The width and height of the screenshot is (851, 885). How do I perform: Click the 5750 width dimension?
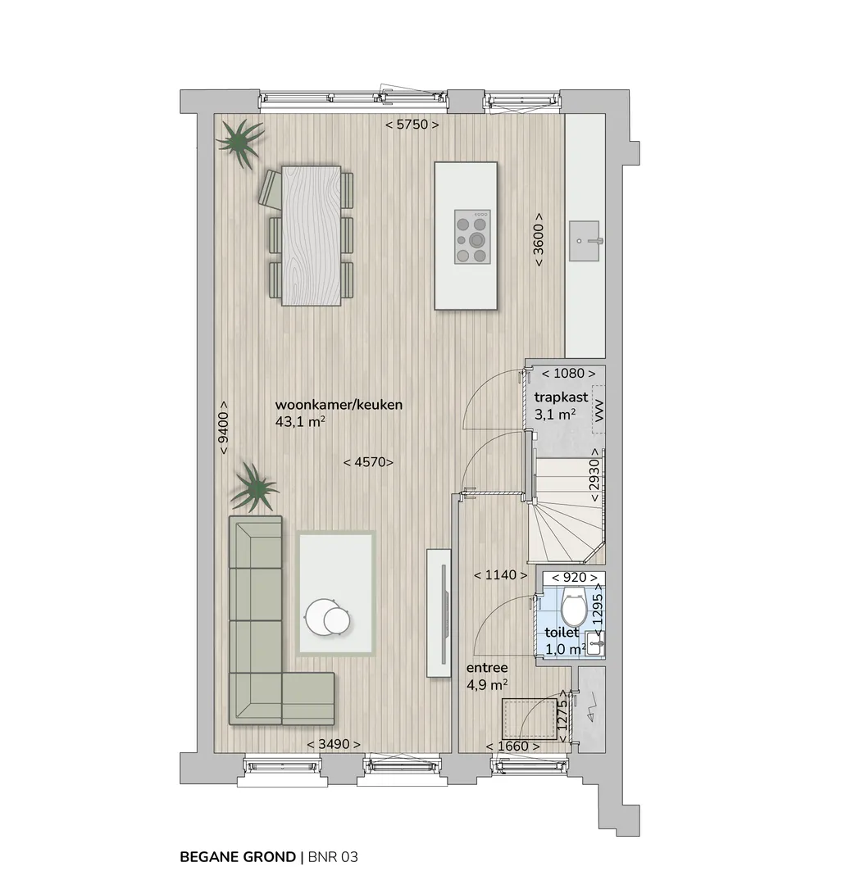412,125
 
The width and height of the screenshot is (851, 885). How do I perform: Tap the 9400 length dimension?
224,427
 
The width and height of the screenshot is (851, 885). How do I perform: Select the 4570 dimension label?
369,462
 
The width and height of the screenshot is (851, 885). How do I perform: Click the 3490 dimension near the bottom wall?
333,744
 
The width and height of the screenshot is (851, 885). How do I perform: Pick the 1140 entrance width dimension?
501,575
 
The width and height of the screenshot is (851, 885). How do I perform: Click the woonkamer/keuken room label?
339,405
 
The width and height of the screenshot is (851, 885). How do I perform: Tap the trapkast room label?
561,397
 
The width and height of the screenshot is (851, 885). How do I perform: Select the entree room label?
487,668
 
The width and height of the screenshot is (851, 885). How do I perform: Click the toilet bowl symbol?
575,604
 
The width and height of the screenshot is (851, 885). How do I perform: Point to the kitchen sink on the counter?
584,241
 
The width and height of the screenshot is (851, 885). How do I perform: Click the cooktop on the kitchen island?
473,237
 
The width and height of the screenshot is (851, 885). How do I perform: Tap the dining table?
312,235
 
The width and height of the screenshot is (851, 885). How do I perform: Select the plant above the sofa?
255,488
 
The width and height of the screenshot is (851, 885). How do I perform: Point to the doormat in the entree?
530,718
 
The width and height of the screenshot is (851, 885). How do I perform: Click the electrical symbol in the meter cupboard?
590,708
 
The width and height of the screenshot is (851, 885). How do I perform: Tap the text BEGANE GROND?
238,857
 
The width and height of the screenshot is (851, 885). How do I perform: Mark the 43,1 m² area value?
300,422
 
